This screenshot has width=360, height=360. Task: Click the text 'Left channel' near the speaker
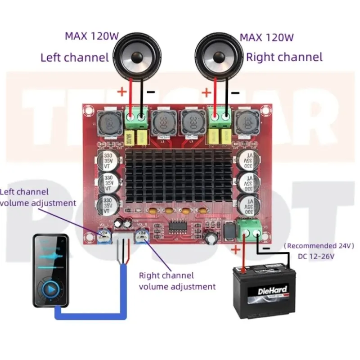coord(75,58)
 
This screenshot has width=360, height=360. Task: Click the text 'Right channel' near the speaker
coord(284,57)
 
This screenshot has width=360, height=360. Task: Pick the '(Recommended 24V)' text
coord(319,246)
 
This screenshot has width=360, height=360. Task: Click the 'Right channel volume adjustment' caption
coord(177,281)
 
